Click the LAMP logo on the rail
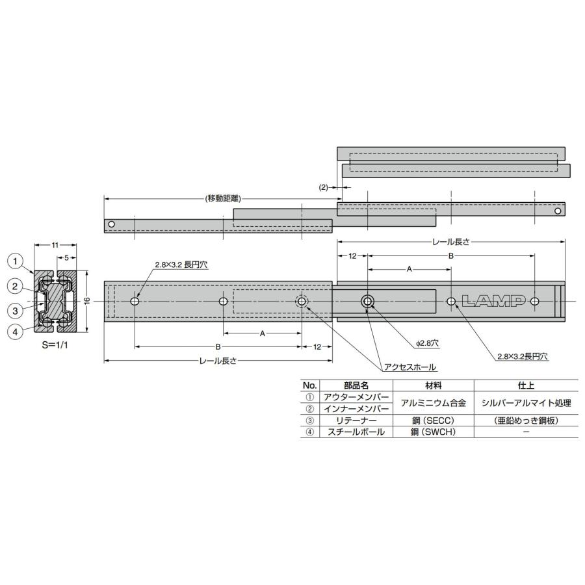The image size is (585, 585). point(493,301)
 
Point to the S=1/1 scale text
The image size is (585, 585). point(56,345)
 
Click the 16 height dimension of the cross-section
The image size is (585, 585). point(86,301)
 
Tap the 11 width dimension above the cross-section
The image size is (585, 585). point(56,244)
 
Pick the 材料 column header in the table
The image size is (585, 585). point(433,385)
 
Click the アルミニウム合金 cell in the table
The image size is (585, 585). point(433,402)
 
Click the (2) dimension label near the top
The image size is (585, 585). point(324,187)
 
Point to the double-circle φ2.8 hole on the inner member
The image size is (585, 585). point(368,301)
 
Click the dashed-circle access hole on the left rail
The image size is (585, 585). point(302,301)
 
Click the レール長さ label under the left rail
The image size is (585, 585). point(218,361)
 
